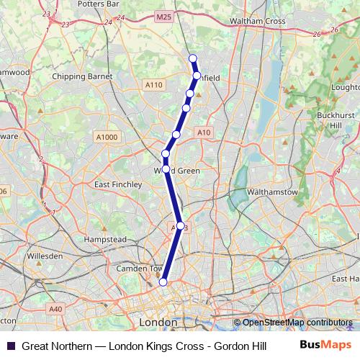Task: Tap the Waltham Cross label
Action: pyautogui.click(x=257, y=21)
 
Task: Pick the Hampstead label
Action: pyautogui.click(x=106, y=238)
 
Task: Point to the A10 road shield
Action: pyautogui.click(x=204, y=132)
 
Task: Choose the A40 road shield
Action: pyautogui.click(x=55, y=308)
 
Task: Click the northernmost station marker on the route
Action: pyautogui.click(x=192, y=58)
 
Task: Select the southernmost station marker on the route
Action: pyautogui.click(x=163, y=282)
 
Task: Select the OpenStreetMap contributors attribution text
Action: pyautogui.click(x=297, y=323)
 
